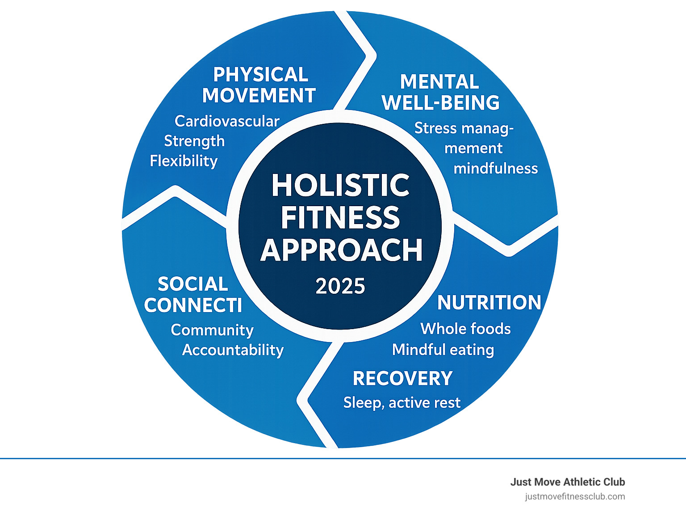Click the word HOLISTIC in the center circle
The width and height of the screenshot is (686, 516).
[x=340, y=185]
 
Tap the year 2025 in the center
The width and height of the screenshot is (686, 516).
[x=340, y=286]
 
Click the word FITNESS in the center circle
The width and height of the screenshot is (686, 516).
[x=340, y=218]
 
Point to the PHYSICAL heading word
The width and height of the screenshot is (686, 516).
[x=261, y=75]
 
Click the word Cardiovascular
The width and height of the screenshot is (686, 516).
[x=227, y=121]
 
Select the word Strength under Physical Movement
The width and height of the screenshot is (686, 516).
[x=194, y=141]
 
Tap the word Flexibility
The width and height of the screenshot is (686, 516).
[x=184, y=161]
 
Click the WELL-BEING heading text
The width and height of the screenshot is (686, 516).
[x=441, y=103]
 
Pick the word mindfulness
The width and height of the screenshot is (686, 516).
[x=496, y=169]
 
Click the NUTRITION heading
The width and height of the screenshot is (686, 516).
[x=489, y=303]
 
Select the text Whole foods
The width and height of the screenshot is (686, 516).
[x=465, y=329]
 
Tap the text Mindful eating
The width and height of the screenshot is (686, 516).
[x=443, y=350]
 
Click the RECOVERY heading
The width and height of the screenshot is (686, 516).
[x=402, y=379]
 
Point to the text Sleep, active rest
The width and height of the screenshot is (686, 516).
[x=402, y=403]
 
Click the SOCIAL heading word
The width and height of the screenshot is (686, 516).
[x=193, y=284]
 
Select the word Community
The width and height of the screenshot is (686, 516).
[x=212, y=330]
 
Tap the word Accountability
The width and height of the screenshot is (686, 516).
[x=233, y=350]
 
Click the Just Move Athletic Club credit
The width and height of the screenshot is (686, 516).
[x=568, y=482]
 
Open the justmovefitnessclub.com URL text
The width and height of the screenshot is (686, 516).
[x=575, y=496]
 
